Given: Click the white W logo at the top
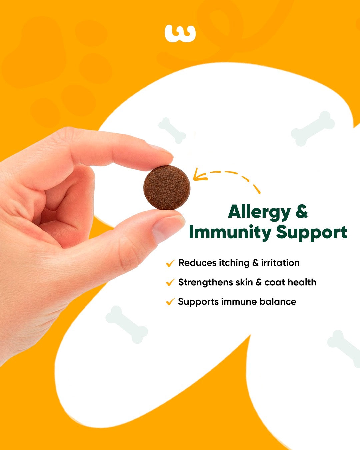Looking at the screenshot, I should (180, 33).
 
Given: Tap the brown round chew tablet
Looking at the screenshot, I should (167, 188).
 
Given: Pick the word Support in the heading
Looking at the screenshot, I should (312, 233).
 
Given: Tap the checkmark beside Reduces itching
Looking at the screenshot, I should (170, 263).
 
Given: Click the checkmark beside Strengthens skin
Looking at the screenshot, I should (170, 283).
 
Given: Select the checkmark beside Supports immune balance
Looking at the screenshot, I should (170, 302).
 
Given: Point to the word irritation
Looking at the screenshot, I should (280, 263).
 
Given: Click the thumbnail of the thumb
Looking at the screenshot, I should (168, 227).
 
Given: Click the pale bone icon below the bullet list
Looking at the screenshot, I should (127, 324).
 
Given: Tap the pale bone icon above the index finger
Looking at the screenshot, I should (172, 130).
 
